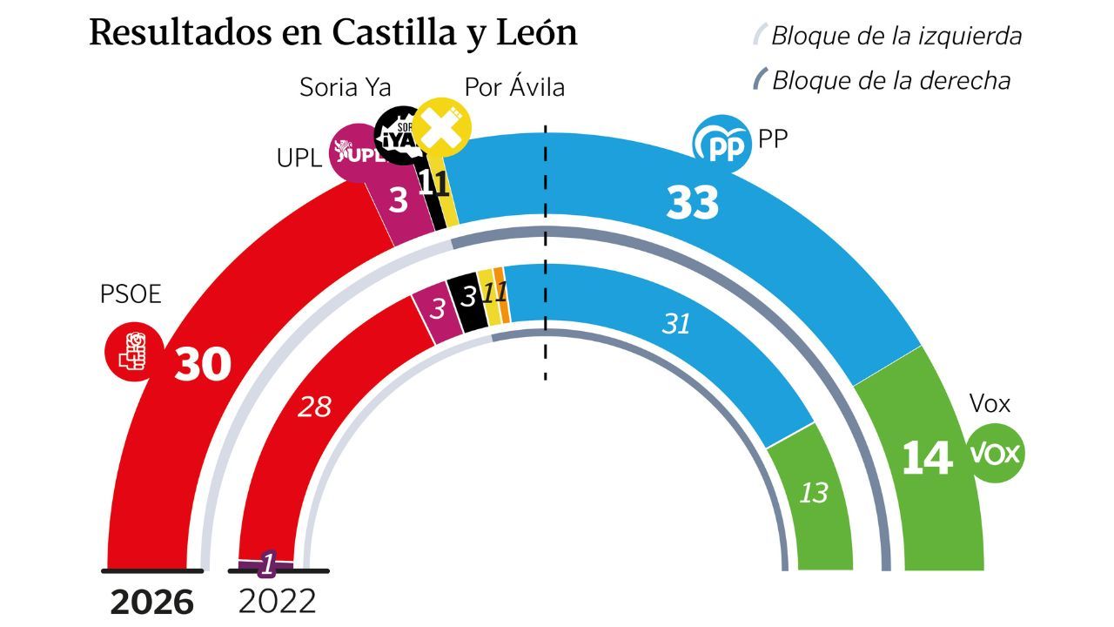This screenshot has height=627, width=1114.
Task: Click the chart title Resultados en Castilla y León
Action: coord(333,33)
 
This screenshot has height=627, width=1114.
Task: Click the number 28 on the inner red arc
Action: coord(314,406)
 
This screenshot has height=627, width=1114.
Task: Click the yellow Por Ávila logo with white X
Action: coord(442,127)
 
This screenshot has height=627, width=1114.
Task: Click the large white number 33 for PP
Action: coord(693,202)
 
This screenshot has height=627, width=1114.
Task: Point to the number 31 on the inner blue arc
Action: coord(675,324)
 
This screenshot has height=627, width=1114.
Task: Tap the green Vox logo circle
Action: coord(997,454)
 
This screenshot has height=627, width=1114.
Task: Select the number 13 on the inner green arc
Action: coord(814,493)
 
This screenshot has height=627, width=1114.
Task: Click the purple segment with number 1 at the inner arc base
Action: coord(268,565)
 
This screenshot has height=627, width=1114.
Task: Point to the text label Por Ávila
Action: coord(513,87)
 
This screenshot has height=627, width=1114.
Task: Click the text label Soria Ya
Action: coord(345,87)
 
